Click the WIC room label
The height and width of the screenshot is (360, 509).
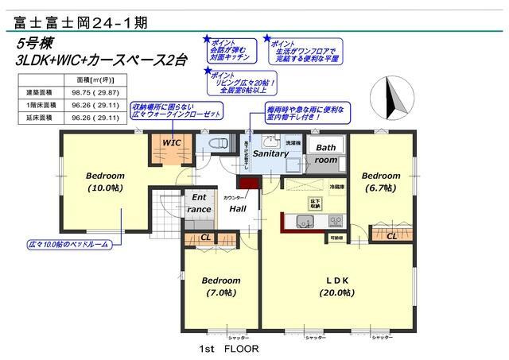[x=172, y=142]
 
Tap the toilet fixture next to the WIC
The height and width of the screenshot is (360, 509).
[x=215, y=144]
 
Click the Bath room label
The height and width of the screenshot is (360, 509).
[x=325, y=153]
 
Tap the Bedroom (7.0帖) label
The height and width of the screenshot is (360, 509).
[x=220, y=286]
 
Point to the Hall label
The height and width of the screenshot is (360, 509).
[x=238, y=208]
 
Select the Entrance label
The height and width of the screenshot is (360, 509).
[x=199, y=203]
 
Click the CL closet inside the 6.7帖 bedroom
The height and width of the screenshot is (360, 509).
[x=391, y=236]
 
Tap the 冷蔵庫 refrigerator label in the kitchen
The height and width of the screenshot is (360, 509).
[x=315, y=187]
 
